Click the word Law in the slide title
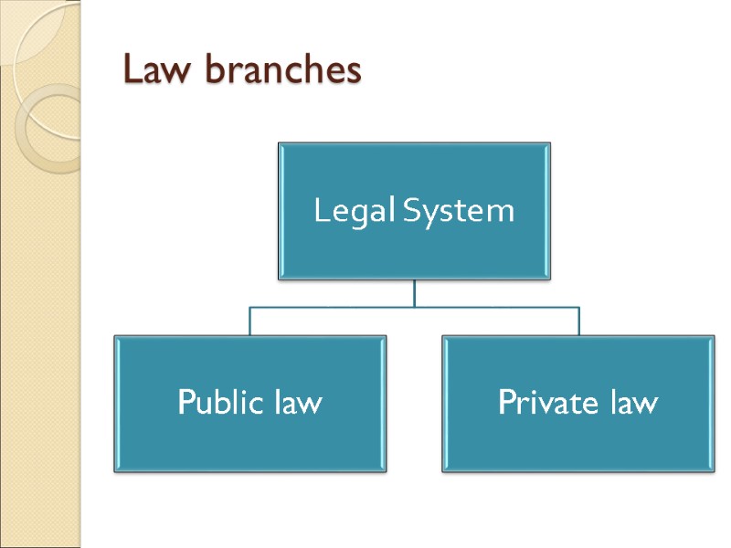click(152, 70)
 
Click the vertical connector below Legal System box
click(414, 292)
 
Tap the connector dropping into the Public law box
click(249, 321)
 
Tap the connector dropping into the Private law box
click(578, 321)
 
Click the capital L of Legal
click(321, 212)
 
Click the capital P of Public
click(185, 402)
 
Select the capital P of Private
click(506, 402)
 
